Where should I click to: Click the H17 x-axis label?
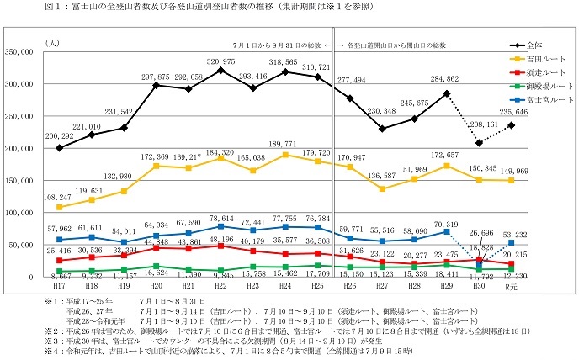[x=59, y=286]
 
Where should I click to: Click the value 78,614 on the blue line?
[x=220, y=216]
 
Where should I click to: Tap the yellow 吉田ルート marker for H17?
[x=59, y=207]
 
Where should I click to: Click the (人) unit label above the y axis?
[x=55, y=40]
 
